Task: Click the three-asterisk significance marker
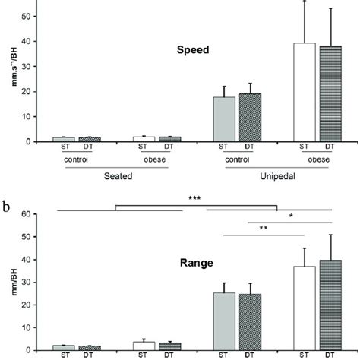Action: (x=196, y=199)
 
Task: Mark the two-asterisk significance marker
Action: (x=263, y=228)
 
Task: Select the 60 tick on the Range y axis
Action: (x=27, y=214)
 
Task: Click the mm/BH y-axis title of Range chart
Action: (x=8, y=283)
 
